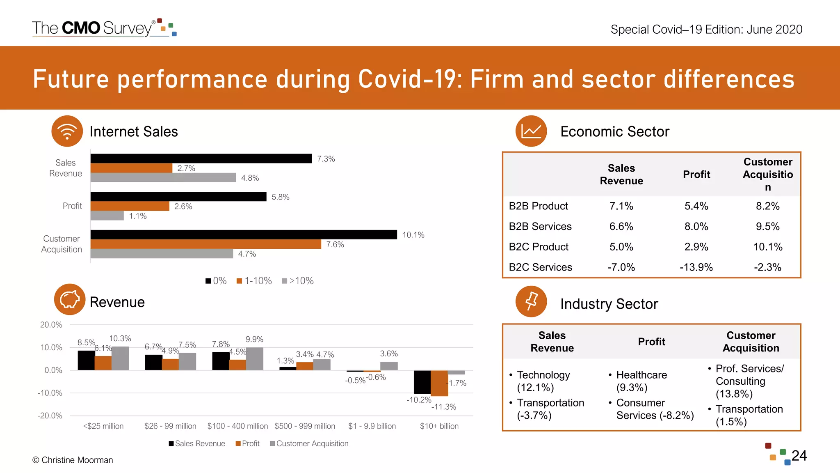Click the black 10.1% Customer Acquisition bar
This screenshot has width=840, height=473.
(x=244, y=234)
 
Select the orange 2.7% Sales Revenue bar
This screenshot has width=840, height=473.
(x=131, y=168)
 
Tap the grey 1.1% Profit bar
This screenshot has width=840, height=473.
(x=107, y=216)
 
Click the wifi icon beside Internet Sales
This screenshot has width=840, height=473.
(x=67, y=131)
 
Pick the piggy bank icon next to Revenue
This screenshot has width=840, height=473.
(x=70, y=299)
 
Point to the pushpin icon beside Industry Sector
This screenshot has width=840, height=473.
(x=531, y=301)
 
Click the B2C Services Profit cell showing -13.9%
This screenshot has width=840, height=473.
(x=696, y=267)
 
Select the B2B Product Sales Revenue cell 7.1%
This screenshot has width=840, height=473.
(x=621, y=206)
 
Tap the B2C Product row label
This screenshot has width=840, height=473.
(x=539, y=247)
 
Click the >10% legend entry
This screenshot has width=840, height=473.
(x=298, y=281)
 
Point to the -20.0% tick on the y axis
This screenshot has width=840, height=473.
(x=50, y=416)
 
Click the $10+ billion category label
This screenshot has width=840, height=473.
(x=439, y=426)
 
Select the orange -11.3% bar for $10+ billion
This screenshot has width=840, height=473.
(x=439, y=383)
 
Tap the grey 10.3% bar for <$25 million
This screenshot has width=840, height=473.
(x=120, y=358)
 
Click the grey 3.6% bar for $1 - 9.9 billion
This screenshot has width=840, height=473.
(x=389, y=366)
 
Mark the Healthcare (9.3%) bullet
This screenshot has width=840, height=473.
(x=641, y=381)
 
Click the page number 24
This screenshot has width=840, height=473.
(x=799, y=456)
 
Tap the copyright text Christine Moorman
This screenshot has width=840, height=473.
(x=73, y=460)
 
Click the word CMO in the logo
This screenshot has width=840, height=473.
(x=81, y=28)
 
